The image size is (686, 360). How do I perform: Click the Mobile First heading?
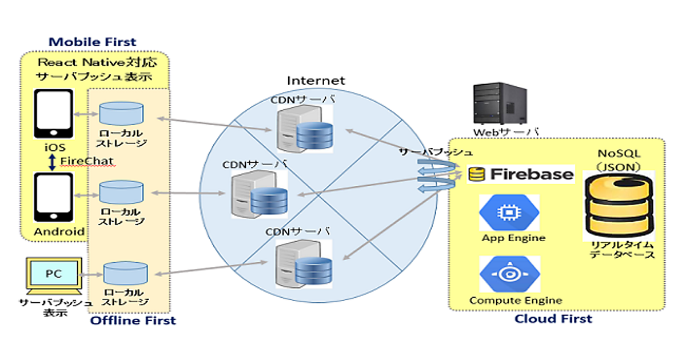[93, 42]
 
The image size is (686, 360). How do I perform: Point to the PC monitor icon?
[53, 275]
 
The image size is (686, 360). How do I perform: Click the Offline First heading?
[133, 321]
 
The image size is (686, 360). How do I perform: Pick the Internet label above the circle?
[316, 81]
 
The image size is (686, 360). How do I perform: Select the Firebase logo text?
[520, 174]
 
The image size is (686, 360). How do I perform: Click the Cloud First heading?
[553, 318]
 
